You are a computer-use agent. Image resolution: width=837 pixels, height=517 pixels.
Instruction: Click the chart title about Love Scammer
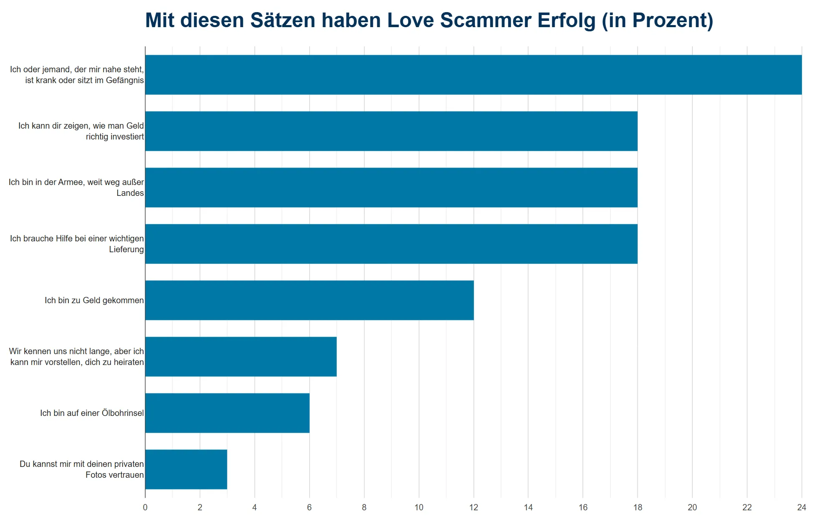point(429,20)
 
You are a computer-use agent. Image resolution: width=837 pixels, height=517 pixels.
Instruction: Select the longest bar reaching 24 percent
point(473,75)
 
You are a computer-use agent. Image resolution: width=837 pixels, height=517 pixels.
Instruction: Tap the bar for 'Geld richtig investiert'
point(391,131)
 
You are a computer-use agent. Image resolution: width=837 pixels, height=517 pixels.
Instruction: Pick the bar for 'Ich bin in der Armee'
point(391,188)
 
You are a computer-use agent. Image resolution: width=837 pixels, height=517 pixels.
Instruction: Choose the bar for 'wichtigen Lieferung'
point(391,244)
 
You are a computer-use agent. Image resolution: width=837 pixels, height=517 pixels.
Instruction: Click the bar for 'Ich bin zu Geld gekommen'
point(309,300)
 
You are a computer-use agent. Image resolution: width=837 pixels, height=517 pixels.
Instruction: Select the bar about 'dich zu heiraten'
point(241,357)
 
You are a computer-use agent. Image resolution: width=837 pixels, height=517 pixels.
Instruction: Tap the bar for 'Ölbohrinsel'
point(227,413)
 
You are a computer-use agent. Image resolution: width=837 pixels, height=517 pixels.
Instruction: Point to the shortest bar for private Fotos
point(186,469)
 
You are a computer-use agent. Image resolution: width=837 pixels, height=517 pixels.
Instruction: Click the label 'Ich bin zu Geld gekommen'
point(94,300)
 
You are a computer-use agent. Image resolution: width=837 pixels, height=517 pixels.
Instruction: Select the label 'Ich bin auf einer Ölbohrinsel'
point(92,413)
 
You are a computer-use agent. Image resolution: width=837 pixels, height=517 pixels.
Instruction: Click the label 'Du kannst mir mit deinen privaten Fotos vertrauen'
point(82,469)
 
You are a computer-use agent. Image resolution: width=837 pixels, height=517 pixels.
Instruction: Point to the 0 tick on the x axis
point(145,507)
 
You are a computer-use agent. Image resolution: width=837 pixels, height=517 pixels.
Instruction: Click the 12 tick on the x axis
point(473,507)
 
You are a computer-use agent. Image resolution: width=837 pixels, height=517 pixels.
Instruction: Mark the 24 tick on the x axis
point(801,507)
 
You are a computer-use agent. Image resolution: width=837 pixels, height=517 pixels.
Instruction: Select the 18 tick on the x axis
point(637,507)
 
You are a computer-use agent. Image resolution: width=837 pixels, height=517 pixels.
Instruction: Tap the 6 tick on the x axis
point(309,507)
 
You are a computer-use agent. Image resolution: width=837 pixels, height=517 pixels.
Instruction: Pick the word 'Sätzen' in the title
point(282,20)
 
